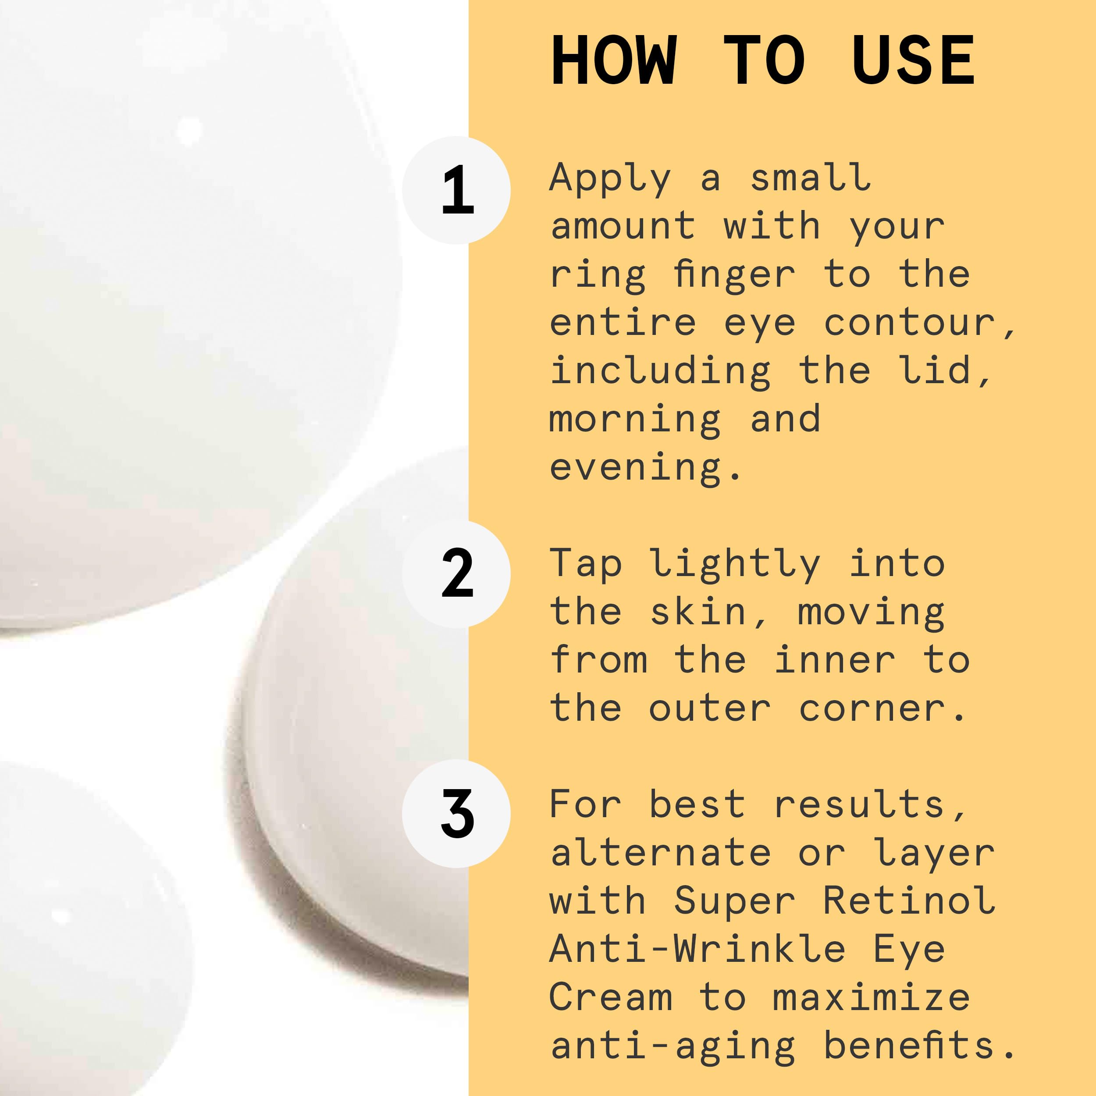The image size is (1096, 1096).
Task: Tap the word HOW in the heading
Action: pos(614,60)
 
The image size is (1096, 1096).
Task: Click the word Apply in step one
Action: pos(610,179)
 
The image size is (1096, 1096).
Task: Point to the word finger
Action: pos(735,276)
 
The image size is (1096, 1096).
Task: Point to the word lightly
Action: pos(735,565)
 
